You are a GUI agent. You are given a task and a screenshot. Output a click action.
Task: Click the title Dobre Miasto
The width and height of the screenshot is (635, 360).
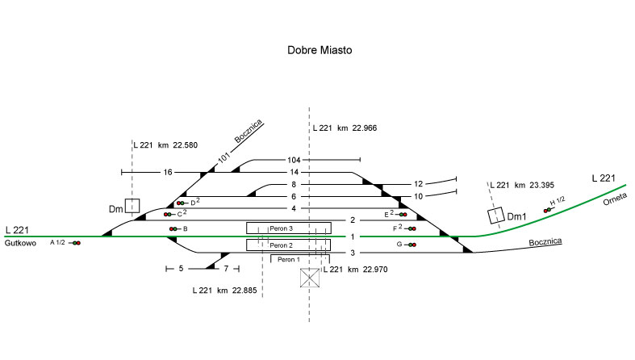[x=320, y=50]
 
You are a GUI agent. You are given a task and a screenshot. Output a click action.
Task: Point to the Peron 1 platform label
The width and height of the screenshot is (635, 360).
[x=288, y=259]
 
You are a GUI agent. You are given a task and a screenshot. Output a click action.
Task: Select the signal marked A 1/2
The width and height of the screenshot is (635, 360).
[x=76, y=242]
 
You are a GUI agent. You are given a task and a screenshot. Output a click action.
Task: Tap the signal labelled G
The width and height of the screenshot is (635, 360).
[x=411, y=244]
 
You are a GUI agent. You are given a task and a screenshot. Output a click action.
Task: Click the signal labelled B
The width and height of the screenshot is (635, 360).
[x=173, y=229]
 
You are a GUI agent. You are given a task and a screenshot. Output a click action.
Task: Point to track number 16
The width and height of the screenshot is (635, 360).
[x=168, y=172]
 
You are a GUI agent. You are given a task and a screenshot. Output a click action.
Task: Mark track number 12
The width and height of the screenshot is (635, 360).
[x=418, y=184]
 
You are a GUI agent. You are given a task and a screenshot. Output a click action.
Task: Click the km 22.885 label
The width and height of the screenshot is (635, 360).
[x=225, y=290]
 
